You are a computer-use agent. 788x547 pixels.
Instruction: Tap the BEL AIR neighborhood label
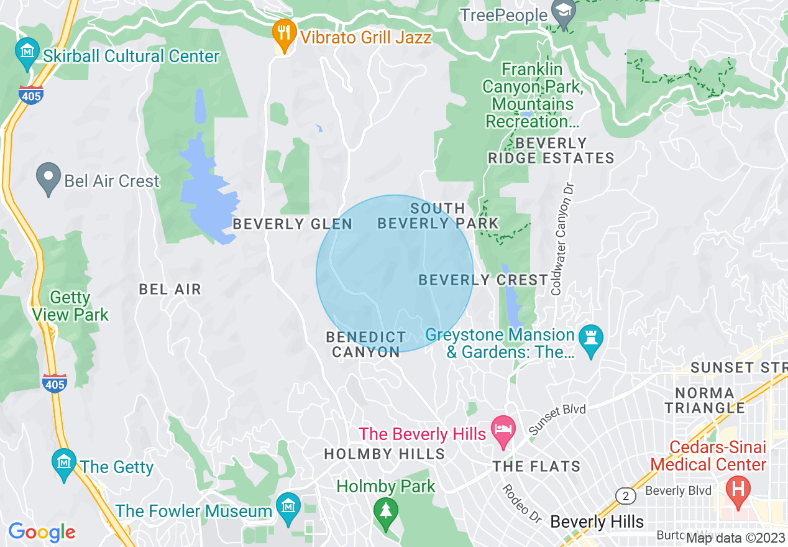[x=170, y=289]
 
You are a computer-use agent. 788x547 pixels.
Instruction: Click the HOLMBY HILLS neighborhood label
[x=385, y=454]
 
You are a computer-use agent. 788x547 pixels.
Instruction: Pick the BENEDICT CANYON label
[x=366, y=344]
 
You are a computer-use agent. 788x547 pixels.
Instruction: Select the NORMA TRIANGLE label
[x=704, y=400]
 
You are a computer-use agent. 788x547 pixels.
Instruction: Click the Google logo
[x=42, y=532]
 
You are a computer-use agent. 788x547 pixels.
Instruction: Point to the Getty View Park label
[x=71, y=306]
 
